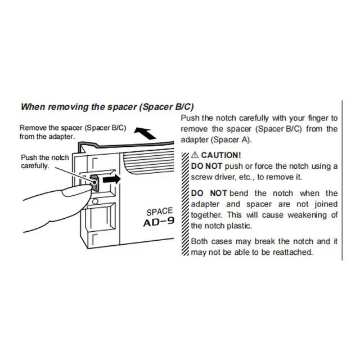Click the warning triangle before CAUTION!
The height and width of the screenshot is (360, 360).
tap(195, 154)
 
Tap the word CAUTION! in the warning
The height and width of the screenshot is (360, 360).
tap(221, 154)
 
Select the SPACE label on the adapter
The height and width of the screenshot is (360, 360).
tap(160, 212)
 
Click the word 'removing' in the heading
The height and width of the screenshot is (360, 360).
tap(69, 106)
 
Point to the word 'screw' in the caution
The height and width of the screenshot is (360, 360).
tap(203, 177)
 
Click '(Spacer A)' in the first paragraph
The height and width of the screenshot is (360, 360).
tap(231, 139)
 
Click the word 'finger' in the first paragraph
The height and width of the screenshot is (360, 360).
tap(314, 118)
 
